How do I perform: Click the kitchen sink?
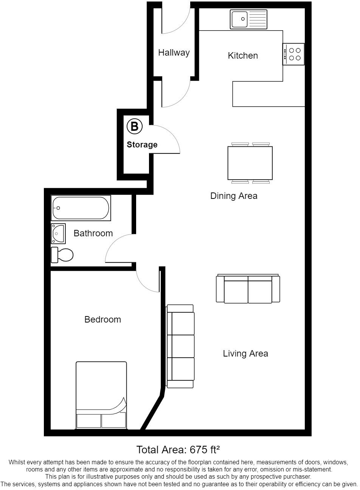click(248, 19)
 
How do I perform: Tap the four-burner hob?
click(294, 54)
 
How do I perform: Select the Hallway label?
click(174, 53)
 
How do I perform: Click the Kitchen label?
click(243, 56)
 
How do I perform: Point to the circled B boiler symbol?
click(134, 126)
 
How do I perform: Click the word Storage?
click(142, 144)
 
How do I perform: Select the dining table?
click(250, 163)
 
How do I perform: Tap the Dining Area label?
click(234, 196)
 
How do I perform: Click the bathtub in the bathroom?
click(81, 208)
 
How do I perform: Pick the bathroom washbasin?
click(58, 234)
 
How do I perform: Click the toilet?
click(62, 255)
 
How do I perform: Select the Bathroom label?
click(93, 233)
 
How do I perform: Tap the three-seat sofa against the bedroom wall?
click(181, 346)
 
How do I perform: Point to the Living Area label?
click(245, 354)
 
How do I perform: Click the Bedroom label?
click(102, 319)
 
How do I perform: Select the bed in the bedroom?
click(101, 395)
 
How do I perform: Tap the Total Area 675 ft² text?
click(178, 450)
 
